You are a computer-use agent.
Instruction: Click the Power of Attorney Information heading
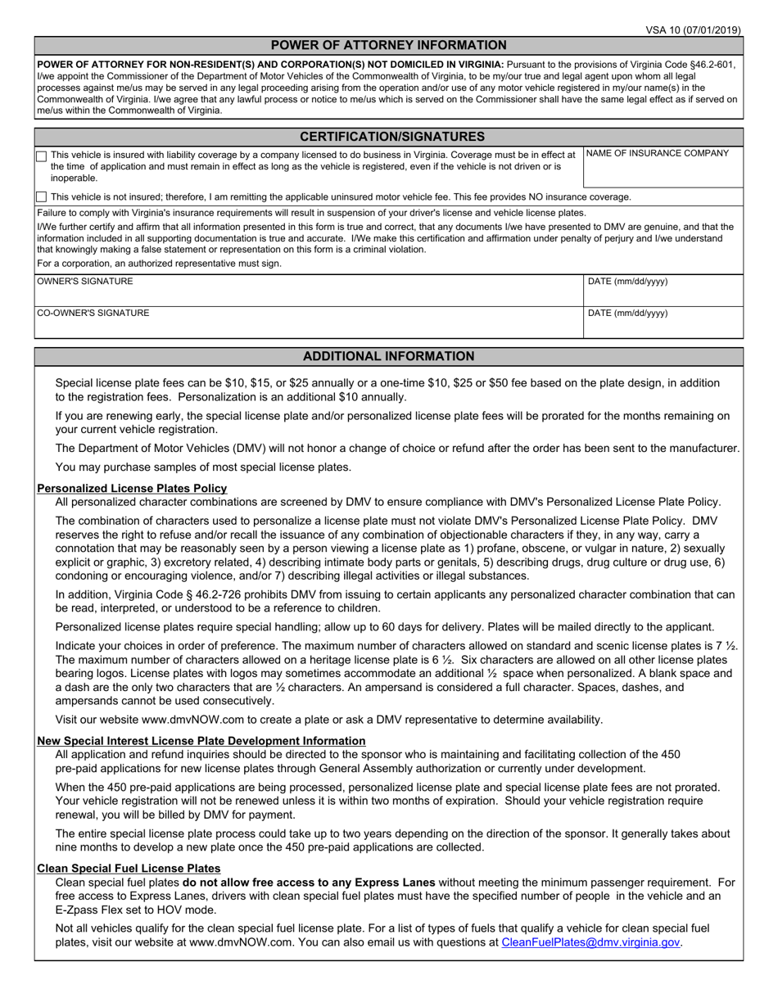(388, 46)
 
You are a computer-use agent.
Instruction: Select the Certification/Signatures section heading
(388, 137)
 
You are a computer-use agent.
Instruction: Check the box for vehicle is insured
(42, 156)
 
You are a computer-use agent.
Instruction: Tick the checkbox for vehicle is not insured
(42, 197)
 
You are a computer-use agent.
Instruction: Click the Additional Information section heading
(388, 356)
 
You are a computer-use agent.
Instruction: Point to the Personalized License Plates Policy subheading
(132, 489)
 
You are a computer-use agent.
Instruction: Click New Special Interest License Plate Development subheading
(201, 741)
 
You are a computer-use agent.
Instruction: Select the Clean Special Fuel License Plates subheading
(129, 869)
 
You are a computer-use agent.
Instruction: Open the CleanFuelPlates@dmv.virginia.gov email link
(590, 942)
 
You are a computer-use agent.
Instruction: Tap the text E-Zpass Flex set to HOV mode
(136, 910)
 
